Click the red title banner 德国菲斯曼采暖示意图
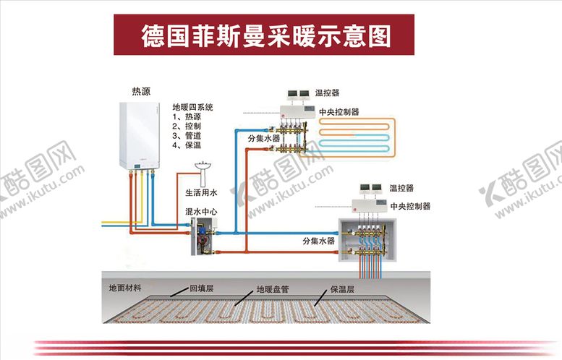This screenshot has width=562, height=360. click(x=264, y=34)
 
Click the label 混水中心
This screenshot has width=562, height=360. click(x=201, y=213)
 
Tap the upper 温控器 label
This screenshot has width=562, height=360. click(x=327, y=93)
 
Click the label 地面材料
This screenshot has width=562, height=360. click(x=125, y=287)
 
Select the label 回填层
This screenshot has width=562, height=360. click(x=199, y=288)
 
